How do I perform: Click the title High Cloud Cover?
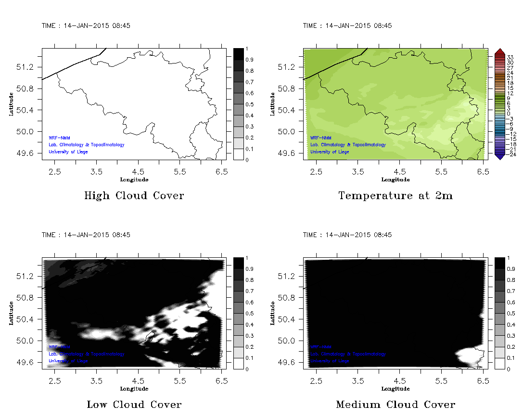[134, 196]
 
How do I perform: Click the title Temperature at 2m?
[395, 196]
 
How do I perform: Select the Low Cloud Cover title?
[134, 405]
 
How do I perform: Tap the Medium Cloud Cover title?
[395, 405]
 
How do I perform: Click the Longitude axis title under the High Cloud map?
[134, 180]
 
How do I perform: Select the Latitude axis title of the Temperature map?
[272, 104]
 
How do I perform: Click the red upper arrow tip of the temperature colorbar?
[499, 51]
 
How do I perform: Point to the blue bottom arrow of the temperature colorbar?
[499, 157]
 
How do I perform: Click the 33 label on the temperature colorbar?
[510, 57]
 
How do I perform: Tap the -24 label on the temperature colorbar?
[511, 155]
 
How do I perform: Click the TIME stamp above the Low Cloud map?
[86, 235]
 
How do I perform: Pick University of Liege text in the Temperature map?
[330, 152]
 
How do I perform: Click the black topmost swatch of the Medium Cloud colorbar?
[499, 263]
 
